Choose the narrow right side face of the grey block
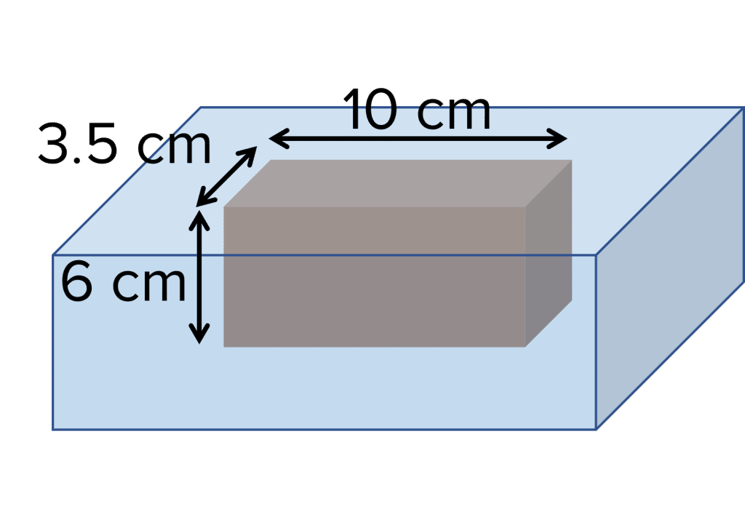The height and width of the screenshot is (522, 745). pos(549,254)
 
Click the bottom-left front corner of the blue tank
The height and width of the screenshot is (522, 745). pos(53,429)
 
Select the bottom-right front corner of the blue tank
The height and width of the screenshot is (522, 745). pos(597,429)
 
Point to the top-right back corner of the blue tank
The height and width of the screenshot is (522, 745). pos(742,108)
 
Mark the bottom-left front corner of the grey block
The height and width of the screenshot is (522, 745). pos(224,347)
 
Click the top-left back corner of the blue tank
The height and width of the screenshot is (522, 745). pos(201,108)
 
